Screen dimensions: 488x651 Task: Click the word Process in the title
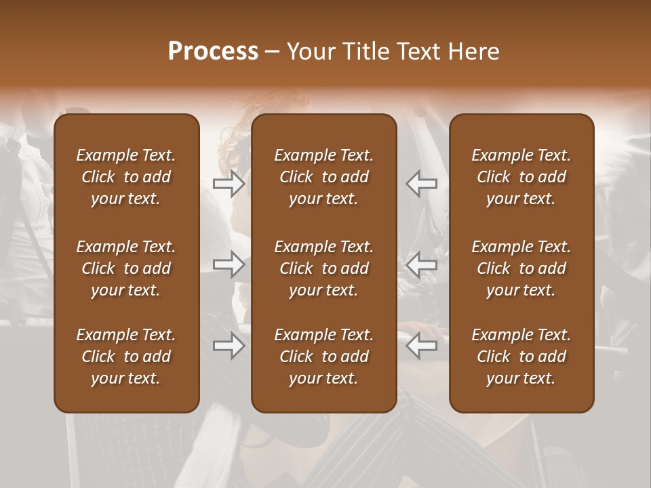click(x=213, y=51)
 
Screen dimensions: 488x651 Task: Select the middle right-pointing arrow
click(x=229, y=264)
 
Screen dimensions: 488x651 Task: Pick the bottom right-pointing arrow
click(x=229, y=346)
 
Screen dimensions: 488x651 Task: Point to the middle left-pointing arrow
click(x=421, y=264)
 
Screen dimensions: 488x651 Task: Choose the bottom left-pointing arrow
click(x=421, y=346)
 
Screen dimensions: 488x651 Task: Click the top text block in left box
click(x=126, y=177)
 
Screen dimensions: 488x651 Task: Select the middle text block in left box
click(x=126, y=268)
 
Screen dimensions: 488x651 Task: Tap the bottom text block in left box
click(x=126, y=357)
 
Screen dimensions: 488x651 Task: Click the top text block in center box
click(x=324, y=177)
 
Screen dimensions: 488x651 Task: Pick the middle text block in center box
click(x=324, y=268)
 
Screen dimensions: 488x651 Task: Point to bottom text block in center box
click(x=324, y=357)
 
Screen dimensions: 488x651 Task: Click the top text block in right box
click(x=521, y=177)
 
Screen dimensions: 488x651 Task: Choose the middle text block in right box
click(x=521, y=268)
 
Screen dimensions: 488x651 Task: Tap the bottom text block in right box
click(x=521, y=357)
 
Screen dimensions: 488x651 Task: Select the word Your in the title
click(x=311, y=51)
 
